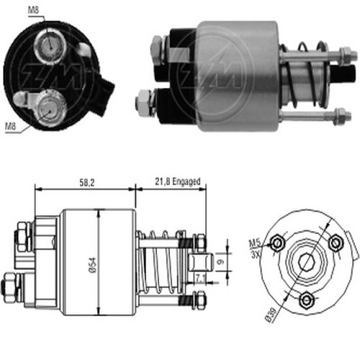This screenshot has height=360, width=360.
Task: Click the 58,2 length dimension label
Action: pos(87,183)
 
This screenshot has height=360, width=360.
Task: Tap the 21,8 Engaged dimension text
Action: pos(177,181)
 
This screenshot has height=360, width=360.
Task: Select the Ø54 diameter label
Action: pos(93,265)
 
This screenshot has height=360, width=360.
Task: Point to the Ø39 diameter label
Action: pos(271,314)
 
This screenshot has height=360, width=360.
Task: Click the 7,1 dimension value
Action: pos(200,279)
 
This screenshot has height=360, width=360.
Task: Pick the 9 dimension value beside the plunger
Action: pos(220,261)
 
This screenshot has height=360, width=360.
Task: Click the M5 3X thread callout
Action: pos(255,248)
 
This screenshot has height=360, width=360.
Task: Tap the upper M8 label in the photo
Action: pos(33,10)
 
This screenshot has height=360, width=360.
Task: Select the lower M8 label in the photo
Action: pos(11,126)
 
